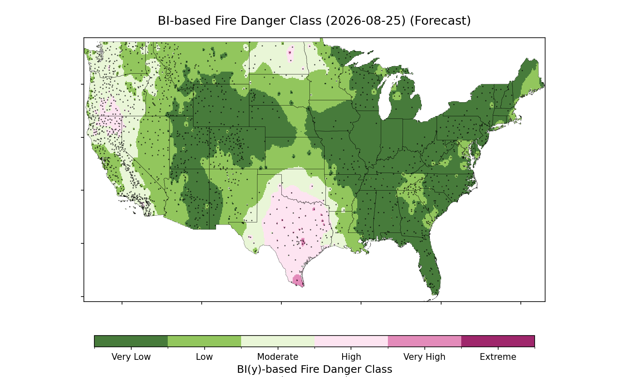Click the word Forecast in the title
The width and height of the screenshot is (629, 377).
tap(440, 21)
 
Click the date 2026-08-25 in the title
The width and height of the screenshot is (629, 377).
tap(366, 21)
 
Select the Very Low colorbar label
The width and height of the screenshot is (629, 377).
tap(131, 357)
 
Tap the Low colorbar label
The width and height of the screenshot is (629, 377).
tap(205, 357)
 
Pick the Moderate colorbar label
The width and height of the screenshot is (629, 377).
tap(278, 357)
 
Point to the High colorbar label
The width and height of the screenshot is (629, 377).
tap(351, 357)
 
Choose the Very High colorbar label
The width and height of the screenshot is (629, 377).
tap(424, 357)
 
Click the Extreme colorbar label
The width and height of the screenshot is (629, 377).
tap(498, 357)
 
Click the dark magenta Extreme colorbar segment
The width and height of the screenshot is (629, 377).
tap(498, 341)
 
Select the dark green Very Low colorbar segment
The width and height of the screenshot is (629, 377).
tap(131, 341)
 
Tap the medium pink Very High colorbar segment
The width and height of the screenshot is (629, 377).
tap(424, 341)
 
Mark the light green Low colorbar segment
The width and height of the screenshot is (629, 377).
tap(205, 341)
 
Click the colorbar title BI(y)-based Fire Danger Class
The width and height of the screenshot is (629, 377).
tap(314, 369)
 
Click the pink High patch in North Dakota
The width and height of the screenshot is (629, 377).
tap(290, 54)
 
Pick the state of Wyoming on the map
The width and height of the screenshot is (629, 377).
tap(221, 106)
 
